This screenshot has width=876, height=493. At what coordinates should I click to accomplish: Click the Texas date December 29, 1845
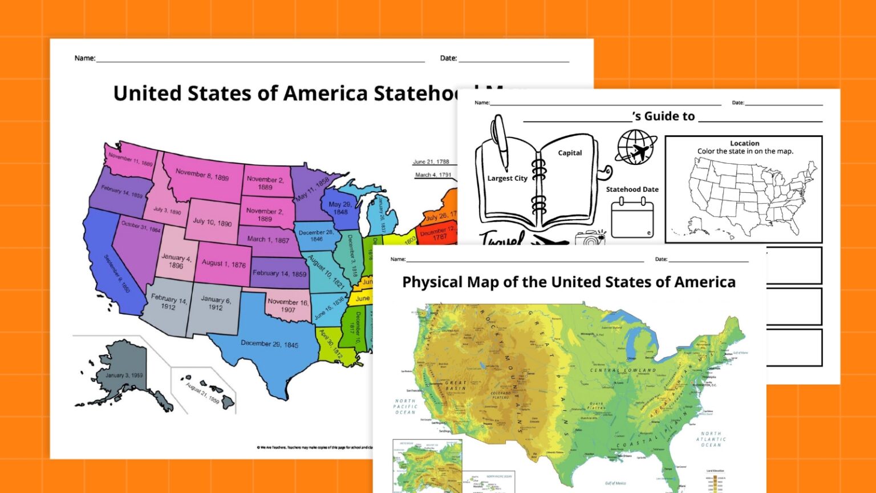click(x=269, y=344)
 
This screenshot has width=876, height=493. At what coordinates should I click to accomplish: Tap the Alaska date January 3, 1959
click(x=124, y=375)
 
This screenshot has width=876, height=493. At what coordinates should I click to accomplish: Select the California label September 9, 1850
click(x=117, y=274)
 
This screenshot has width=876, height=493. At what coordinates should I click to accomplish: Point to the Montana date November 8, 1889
click(x=202, y=175)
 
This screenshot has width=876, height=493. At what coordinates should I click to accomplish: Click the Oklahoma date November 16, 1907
click(x=288, y=305)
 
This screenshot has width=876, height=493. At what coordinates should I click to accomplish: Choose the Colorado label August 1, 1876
click(x=224, y=263)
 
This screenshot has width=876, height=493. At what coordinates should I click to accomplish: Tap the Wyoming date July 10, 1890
click(x=212, y=222)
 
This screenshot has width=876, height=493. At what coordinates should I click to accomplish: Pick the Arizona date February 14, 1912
click(x=168, y=302)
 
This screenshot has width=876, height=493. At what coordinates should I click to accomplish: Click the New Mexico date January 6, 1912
click(x=216, y=303)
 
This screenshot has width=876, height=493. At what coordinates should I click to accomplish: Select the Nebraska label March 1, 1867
click(x=268, y=240)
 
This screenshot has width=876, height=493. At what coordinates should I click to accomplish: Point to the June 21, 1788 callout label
click(x=431, y=162)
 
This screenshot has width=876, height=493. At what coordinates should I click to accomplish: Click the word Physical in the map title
click(x=432, y=282)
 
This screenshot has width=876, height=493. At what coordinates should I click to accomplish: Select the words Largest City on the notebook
click(x=507, y=179)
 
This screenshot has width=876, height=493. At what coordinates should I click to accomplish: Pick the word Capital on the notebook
click(x=570, y=153)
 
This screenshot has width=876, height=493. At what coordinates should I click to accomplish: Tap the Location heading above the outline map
click(x=744, y=143)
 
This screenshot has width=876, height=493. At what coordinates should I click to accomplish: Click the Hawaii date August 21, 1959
click(x=202, y=393)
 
